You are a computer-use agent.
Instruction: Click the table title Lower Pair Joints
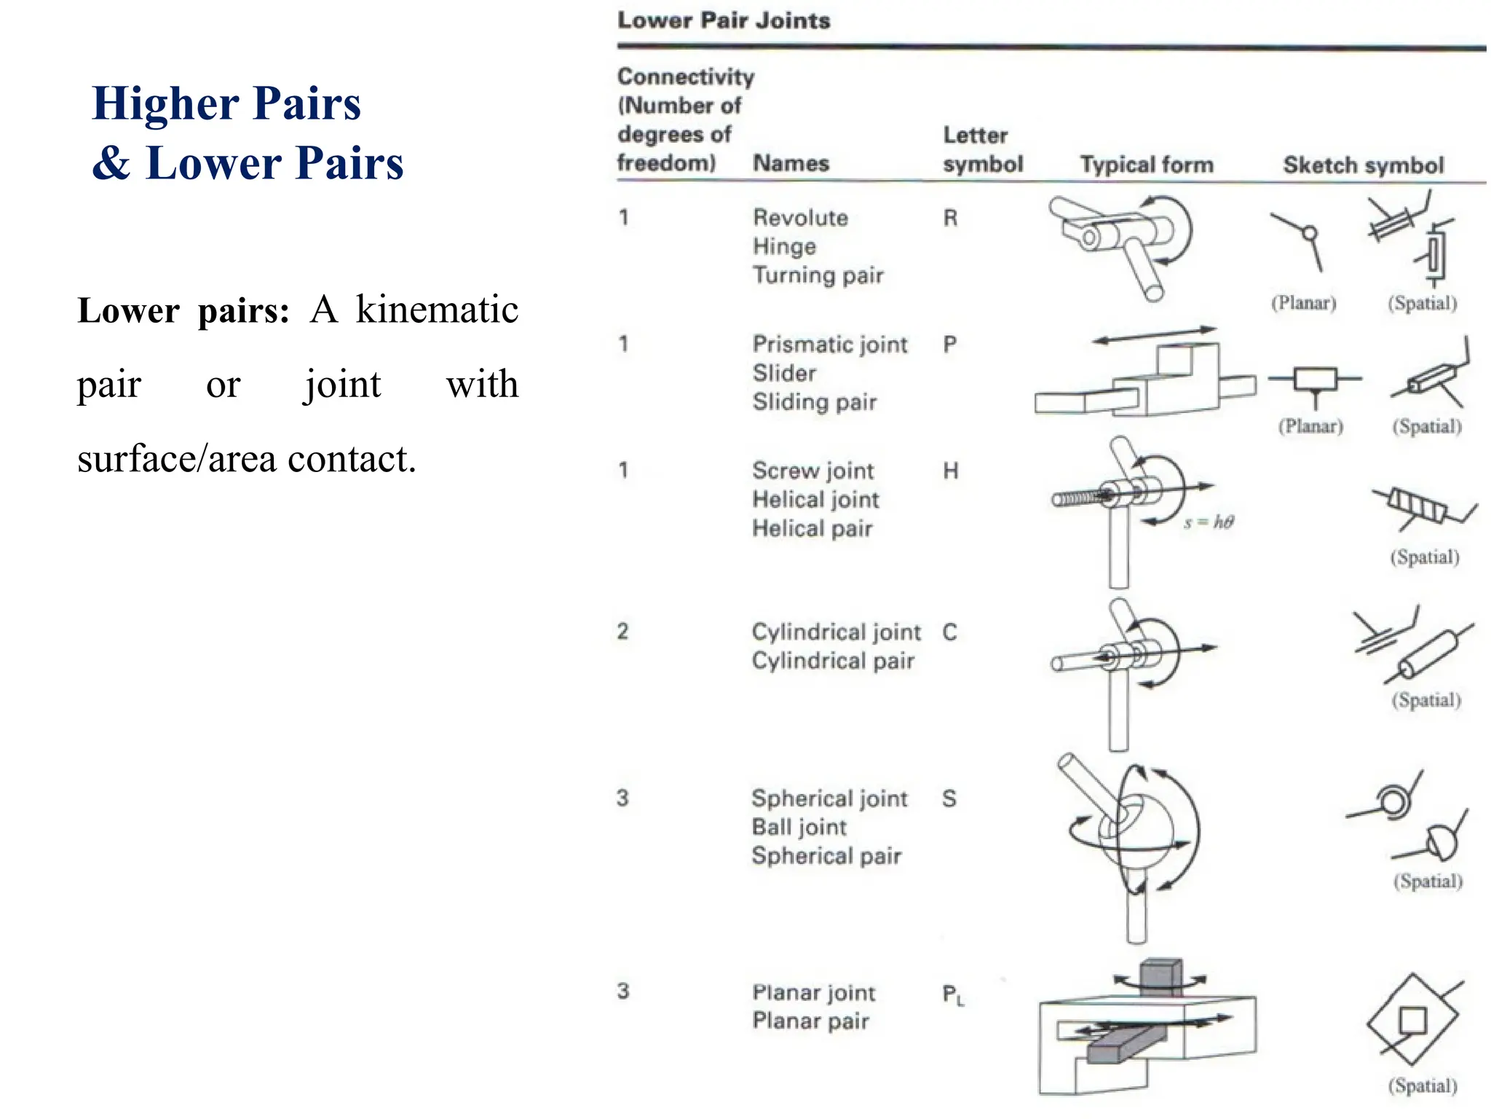click(x=723, y=20)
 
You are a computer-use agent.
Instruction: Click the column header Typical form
click(x=1147, y=165)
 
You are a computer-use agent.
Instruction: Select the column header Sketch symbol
click(x=1363, y=165)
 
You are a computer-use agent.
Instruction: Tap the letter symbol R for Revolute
click(x=950, y=218)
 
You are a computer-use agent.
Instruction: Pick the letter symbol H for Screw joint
click(x=950, y=471)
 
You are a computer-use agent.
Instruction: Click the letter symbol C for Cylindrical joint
click(x=949, y=632)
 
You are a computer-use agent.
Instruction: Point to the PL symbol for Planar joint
click(x=952, y=994)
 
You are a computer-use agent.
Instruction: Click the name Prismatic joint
click(x=830, y=344)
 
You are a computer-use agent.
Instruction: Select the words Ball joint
click(x=799, y=827)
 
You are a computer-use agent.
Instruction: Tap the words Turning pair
click(x=818, y=275)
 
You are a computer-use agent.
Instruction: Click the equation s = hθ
click(x=1209, y=522)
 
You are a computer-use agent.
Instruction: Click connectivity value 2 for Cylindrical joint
click(x=622, y=631)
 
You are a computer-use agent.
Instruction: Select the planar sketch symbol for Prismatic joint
click(x=1315, y=380)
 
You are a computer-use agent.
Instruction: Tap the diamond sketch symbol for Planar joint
click(x=1412, y=1020)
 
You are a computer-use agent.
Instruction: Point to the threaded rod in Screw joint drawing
click(x=1076, y=499)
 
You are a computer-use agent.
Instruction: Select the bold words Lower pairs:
click(x=183, y=311)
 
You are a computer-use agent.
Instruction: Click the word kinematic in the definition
click(x=436, y=310)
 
